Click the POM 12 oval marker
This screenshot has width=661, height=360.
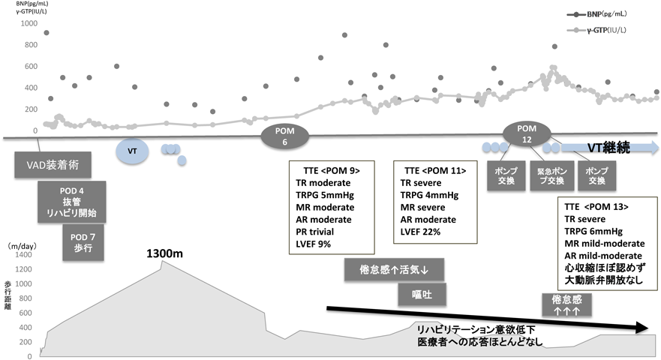527,131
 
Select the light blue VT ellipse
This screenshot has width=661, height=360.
132,151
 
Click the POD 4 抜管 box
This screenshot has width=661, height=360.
72,201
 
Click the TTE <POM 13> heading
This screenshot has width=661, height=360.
596,206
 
